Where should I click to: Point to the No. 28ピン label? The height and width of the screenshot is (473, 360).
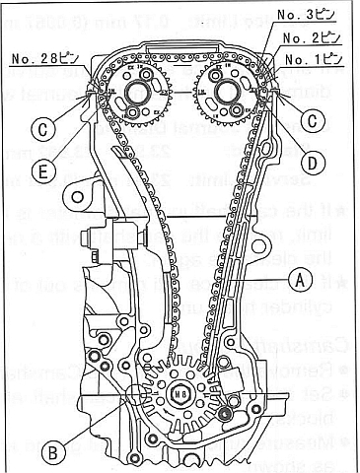(35, 60)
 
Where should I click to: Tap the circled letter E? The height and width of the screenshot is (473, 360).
(43, 170)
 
